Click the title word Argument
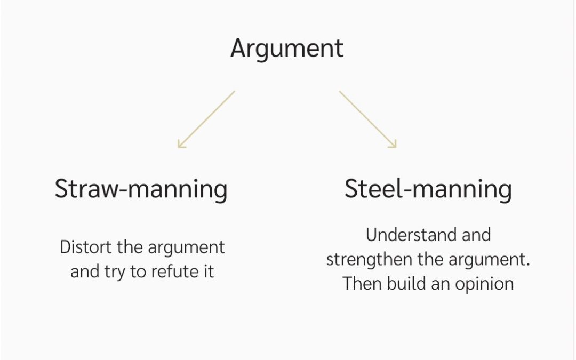pos(287,49)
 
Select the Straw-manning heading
pos(141,189)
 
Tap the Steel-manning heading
pos(428,189)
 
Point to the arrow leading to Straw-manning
pos(206,119)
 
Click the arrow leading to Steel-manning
pos(367,119)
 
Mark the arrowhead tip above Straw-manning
pos(179,147)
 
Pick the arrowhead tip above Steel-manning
pos(396,147)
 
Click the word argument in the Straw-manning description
pos(186,248)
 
